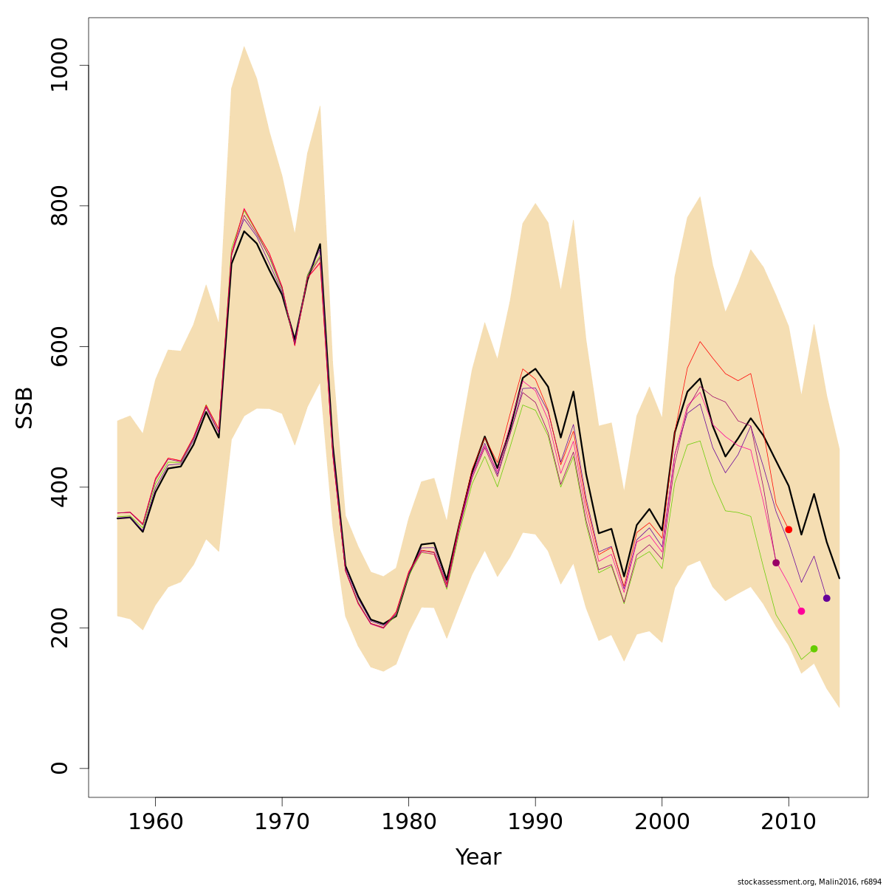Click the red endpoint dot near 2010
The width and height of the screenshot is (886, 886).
(789, 529)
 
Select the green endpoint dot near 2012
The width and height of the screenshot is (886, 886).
(814, 649)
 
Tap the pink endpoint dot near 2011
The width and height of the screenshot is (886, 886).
(801, 611)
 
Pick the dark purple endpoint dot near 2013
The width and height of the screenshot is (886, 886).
(826, 598)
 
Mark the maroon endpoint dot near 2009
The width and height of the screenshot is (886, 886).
(776, 563)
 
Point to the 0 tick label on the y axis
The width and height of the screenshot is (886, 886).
(59, 768)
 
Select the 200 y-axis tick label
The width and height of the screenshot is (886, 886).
(59, 628)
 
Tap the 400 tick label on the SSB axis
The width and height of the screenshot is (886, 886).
(59, 487)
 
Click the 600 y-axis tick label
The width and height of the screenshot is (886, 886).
(59, 346)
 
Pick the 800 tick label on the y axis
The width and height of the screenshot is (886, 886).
(59, 206)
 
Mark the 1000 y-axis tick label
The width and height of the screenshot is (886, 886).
(59, 66)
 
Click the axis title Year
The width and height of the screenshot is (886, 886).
(478, 857)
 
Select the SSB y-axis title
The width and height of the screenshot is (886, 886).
(25, 408)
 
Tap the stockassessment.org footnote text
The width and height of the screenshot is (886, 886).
(809, 882)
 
